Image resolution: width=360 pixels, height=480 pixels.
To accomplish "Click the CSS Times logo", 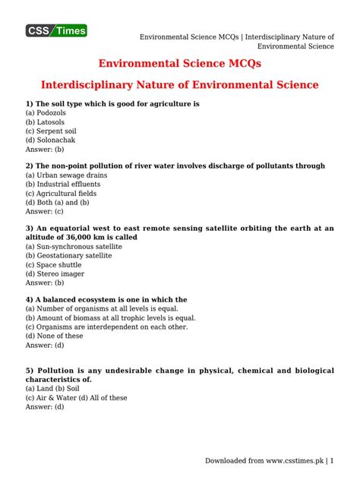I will (x=57, y=31).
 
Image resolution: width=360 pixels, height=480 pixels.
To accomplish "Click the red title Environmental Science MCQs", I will (x=180, y=64).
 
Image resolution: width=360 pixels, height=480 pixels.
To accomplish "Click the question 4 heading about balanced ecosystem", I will (x=106, y=300).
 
